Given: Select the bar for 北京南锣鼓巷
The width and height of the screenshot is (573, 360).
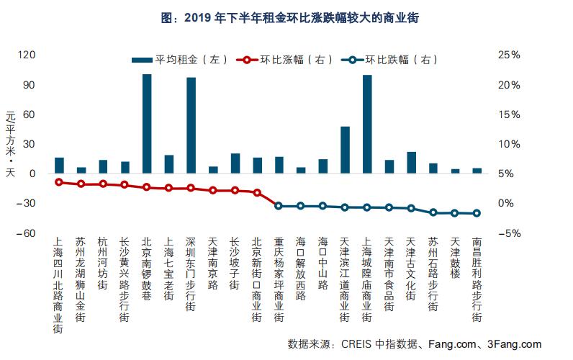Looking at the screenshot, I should [147, 124].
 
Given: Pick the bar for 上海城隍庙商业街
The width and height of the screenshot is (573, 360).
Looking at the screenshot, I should [367, 124].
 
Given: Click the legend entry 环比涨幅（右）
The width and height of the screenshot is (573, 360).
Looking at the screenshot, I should [287, 60].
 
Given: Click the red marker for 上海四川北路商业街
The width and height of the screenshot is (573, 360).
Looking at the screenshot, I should [59, 182].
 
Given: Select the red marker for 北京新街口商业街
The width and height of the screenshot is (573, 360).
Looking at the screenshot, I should [257, 193].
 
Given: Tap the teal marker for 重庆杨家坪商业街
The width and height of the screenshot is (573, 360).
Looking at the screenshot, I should [279, 206].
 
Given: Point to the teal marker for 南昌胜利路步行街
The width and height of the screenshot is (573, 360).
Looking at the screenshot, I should [477, 213].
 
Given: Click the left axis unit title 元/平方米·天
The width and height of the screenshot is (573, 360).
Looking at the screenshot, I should [10, 145].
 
